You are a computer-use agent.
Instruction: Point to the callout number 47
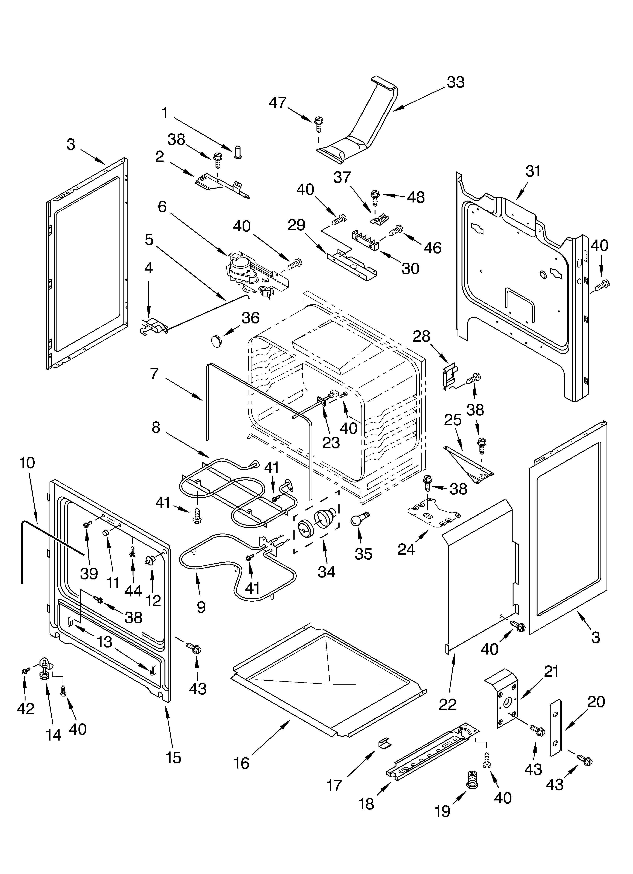pyautogui.click(x=278, y=102)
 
